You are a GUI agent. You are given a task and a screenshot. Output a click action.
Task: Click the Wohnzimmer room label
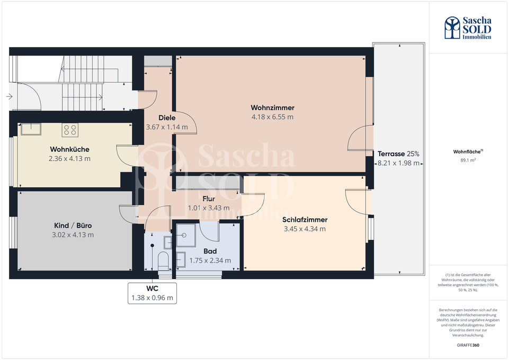point(272,107)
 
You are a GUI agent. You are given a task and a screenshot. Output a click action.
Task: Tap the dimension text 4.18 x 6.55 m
point(272,117)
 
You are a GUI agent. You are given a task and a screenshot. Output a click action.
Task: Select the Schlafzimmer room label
point(305,220)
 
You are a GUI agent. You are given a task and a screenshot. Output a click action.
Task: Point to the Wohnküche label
point(69,149)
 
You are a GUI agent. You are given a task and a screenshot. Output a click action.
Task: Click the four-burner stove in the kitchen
point(70,130)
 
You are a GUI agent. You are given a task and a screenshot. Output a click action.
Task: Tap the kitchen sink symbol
point(31,129)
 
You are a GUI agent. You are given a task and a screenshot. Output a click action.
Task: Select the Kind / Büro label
point(73,226)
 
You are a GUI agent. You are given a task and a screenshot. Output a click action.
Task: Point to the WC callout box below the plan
point(152,293)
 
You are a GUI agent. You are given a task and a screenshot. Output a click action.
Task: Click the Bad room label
point(210,251)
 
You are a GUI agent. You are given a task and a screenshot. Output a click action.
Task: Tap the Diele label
point(167,118)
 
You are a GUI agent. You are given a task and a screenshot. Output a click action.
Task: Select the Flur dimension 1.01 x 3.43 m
point(209,208)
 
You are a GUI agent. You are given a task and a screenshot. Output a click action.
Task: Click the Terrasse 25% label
point(398,154)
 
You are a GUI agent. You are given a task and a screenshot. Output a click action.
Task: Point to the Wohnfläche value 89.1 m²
point(468,160)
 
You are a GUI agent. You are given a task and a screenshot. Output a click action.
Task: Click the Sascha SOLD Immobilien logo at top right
point(468,28)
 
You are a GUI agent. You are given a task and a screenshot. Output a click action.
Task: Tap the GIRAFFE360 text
point(468,345)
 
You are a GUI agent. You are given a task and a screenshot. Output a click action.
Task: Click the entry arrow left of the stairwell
point(9,96)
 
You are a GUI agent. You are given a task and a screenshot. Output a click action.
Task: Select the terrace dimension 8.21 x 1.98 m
point(398,163)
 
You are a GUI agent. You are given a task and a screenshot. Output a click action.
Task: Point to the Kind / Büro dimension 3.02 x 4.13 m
point(73,235)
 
